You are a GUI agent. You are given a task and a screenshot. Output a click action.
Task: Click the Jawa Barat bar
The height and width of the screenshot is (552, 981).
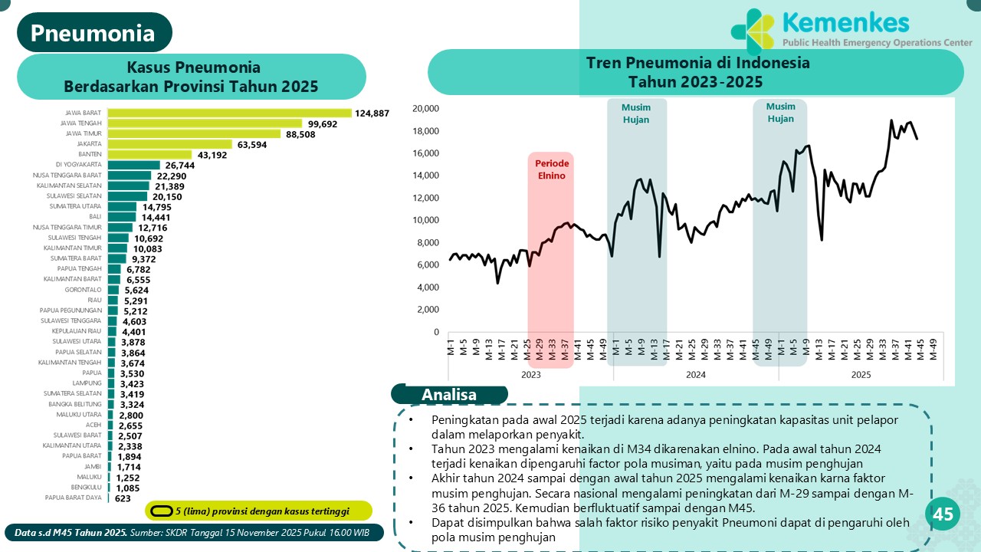[229, 113]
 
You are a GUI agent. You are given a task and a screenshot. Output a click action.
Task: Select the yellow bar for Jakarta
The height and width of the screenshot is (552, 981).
[169, 144]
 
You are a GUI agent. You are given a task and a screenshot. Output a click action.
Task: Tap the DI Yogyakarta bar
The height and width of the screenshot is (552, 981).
[133, 165]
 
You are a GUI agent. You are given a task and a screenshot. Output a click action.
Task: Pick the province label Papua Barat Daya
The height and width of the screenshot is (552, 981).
[74, 498]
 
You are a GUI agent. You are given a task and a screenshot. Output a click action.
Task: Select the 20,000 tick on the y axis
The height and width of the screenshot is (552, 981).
[425, 108]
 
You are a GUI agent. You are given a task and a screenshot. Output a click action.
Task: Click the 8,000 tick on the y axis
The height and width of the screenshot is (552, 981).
[428, 243]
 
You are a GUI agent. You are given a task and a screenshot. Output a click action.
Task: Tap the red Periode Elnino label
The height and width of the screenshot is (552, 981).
[551, 169]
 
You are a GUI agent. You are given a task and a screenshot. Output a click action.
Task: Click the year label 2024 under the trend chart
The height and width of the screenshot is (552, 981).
[696, 375]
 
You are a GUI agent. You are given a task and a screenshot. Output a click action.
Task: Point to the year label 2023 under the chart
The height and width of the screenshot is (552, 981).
[530, 375]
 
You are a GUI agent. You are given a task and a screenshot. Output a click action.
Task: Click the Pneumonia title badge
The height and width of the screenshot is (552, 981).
[94, 33]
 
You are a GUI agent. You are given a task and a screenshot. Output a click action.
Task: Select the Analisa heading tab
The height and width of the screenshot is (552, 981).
[449, 395]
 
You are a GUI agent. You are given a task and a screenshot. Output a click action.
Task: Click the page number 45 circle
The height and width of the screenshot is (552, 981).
[943, 514]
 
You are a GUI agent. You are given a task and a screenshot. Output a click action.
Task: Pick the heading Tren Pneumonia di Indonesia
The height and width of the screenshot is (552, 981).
[697, 63]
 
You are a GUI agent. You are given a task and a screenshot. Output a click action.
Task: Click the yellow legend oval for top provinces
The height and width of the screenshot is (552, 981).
[160, 511]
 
